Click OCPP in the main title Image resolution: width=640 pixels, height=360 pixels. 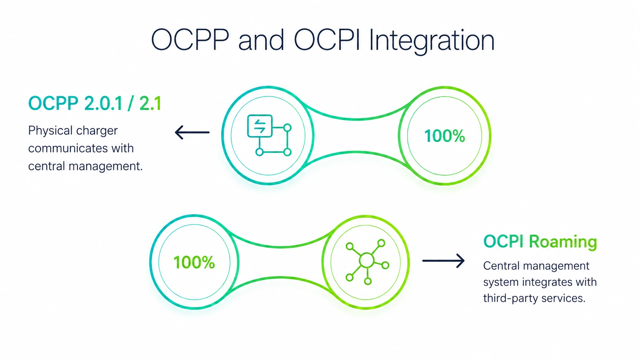[x=190, y=39]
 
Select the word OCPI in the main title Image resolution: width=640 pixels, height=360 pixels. [x=326, y=39]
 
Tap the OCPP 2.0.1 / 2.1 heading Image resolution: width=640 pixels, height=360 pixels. [x=95, y=103]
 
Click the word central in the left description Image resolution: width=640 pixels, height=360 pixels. [x=47, y=166]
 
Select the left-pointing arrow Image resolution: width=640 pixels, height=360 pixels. [x=192, y=132]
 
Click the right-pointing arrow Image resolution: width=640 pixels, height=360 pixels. [x=443, y=261]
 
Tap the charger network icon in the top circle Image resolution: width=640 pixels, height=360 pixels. [x=269, y=135]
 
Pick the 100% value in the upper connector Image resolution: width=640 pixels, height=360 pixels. [x=444, y=136]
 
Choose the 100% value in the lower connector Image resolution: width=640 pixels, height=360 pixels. [x=194, y=262]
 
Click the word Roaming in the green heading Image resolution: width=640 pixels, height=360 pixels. [x=563, y=242]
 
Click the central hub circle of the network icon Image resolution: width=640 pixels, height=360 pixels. [x=367, y=261]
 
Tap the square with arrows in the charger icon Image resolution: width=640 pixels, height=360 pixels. [x=260, y=126]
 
